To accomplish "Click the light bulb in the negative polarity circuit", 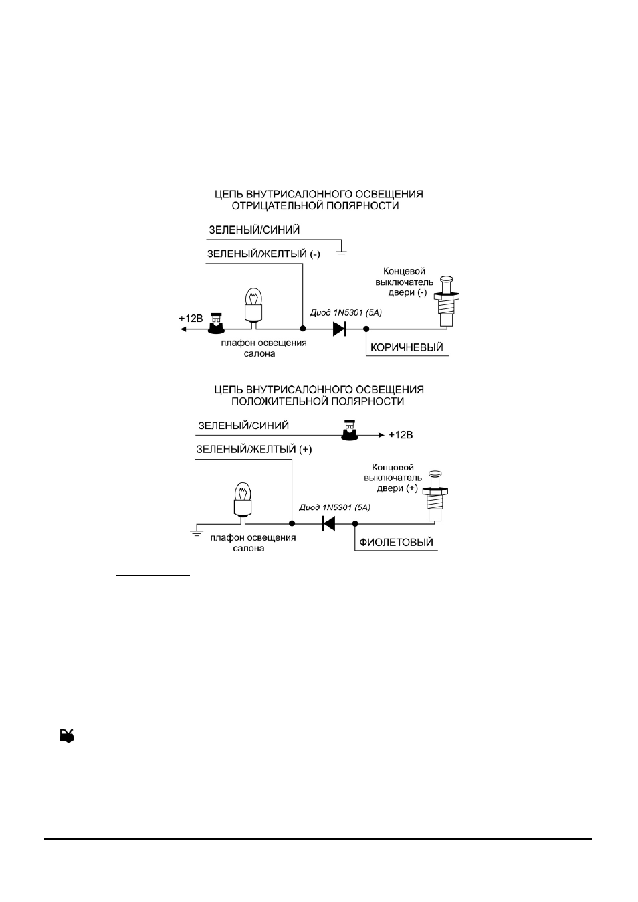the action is pyautogui.click(x=253, y=305).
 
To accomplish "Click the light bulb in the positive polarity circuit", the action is pyautogui.click(x=243, y=500).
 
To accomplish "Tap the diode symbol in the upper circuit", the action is pyautogui.click(x=339, y=329).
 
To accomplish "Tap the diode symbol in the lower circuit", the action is pyautogui.click(x=328, y=523).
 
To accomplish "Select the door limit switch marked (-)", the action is pyautogui.click(x=447, y=301).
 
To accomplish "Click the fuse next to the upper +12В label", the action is pyautogui.click(x=216, y=323).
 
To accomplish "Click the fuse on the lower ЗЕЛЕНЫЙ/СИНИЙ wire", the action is pyautogui.click(x=349, y=430).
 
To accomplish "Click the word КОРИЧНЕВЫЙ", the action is pyautogui.click(x=407, y=347).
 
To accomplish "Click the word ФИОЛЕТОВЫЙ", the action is pyautogui.click(x=396, y=542).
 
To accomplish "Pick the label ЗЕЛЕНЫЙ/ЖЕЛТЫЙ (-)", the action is pyautogui.click(x=263, y=254).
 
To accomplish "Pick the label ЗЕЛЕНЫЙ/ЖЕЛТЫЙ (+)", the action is pyautogui.click(x=254, y=450).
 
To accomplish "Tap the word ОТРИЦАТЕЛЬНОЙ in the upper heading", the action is pyautogui.click(x=276, y=206).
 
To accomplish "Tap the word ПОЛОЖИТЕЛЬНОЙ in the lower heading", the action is pyautogui.click(x=276, y=401).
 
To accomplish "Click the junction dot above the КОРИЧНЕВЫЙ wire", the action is pyautogui.click(x=366, y=329).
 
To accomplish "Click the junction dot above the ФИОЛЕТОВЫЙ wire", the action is pyautogui.click(x=355, y=523).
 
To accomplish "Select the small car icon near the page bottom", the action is pyautogui.click(x=68, y=735).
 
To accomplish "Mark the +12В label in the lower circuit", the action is pyautogui.click(x=401, y=435).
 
